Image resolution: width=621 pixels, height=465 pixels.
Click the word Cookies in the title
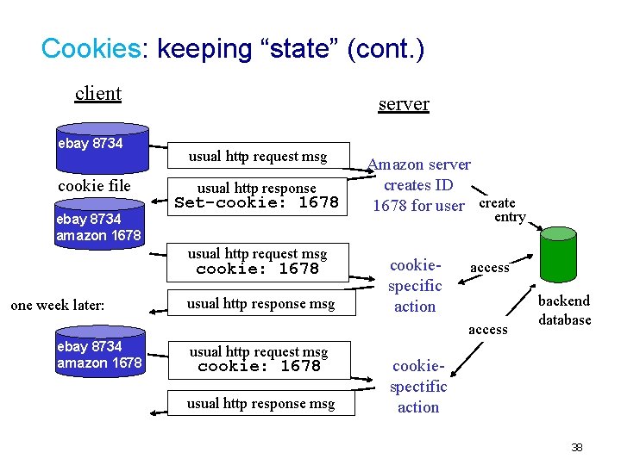point(90,48)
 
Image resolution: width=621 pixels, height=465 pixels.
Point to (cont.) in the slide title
point(385,48)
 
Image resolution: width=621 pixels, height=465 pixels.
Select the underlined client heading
point(98,93)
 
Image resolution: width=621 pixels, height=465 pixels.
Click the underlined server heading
point(404,103)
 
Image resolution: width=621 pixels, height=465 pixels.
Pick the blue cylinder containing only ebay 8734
point(98,150)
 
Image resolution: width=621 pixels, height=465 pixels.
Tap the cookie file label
point(94,186)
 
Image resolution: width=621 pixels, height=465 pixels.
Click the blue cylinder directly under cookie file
point(98,226)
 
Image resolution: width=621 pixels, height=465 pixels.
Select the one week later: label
point(58,305)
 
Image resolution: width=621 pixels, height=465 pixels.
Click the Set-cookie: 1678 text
point(256,203)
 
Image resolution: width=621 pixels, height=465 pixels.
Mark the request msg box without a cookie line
point(257,157)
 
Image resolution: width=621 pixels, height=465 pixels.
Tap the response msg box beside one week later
point(260,304)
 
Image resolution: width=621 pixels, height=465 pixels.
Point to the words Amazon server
point(419,164)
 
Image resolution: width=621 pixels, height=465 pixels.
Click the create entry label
point(500,210)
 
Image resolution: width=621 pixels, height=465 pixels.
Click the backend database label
point(564,310)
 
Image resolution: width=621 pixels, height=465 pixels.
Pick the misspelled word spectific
point(418,387)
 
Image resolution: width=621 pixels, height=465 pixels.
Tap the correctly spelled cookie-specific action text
point(415,285)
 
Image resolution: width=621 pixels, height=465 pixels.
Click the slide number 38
point(577,447)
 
